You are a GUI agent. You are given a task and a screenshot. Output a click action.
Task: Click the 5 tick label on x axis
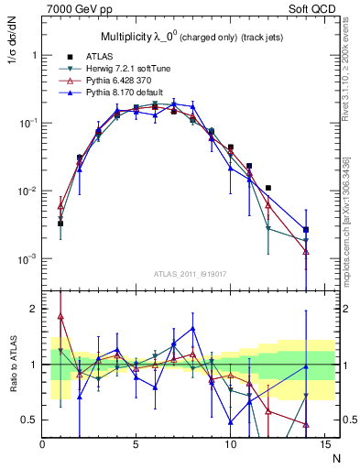tap(136, 445)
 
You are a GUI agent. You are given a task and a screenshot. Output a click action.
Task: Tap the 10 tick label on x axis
tap(230, 445)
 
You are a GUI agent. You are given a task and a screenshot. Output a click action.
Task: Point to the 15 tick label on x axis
tap(323, 445)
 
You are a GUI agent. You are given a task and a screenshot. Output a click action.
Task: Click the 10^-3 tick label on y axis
tap(27, 259)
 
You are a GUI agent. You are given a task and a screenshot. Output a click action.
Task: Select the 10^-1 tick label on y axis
tap(27, 123)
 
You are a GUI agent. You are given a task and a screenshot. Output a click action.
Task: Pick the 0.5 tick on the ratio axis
tap(29, 420)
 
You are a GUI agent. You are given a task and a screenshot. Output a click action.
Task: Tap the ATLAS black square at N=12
tap(267, 188)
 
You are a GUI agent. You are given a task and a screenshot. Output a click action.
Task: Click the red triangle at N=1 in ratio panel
tap(60, 316)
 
